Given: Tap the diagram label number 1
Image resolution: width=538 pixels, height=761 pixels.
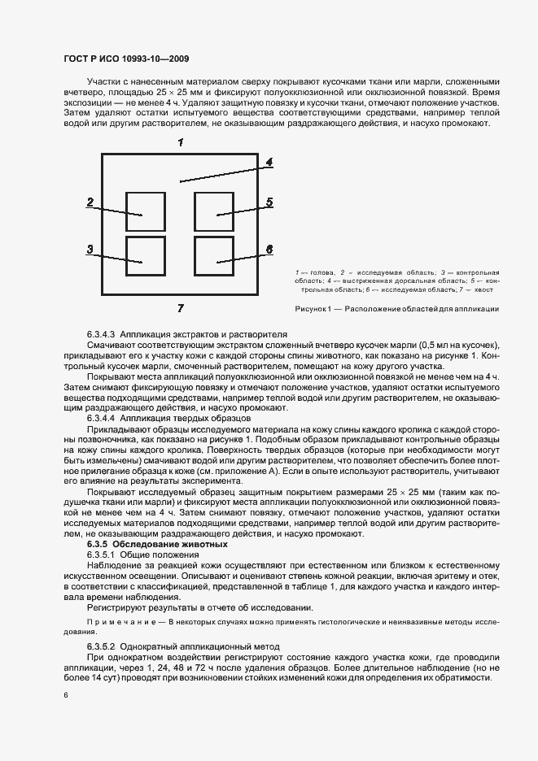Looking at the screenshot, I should pyautogui.click(x=180, y=142).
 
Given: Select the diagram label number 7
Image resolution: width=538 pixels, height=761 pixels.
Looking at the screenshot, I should pyautogui.click(x=180, y=307).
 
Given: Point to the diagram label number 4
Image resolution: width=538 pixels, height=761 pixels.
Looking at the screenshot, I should pyautogui.click(x=269, y=162).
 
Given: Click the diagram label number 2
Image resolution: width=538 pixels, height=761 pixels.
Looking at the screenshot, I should pyautogui.click(x=90, y=202).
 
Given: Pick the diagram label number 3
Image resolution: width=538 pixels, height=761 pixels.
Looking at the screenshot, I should pyautogui.click(x=90, y=250).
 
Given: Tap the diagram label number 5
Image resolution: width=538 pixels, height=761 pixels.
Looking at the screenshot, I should pyautogui.click(x=269, y=202).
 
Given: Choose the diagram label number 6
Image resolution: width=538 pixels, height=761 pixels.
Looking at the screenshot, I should pyautogui.click(x=269, y=249).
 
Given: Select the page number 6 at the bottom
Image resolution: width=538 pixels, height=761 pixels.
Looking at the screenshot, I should pyautogui.click(x=66, y=695).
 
